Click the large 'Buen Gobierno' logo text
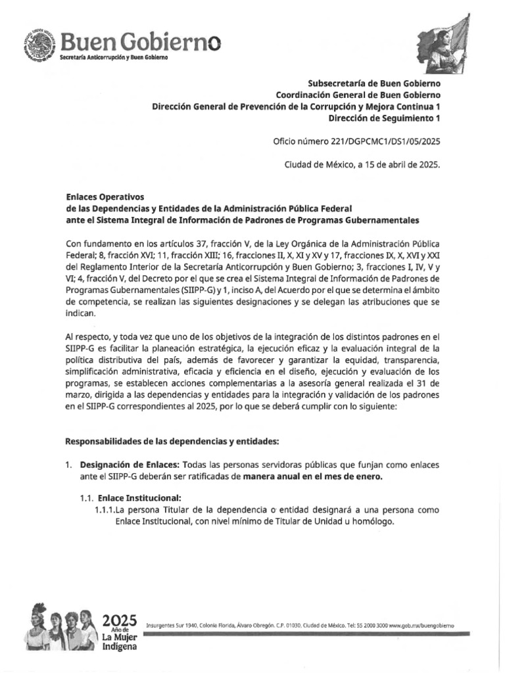(140, 43)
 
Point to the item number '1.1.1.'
(105, 510)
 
